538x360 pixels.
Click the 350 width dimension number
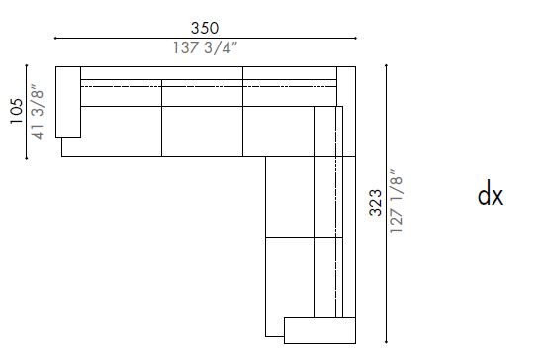[x=206, y=28]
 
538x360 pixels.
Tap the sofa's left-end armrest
[x=68, y=102]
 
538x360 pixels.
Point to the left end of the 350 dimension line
[x=54, y=39]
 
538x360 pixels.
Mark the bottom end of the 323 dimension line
[x=385, y=342]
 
